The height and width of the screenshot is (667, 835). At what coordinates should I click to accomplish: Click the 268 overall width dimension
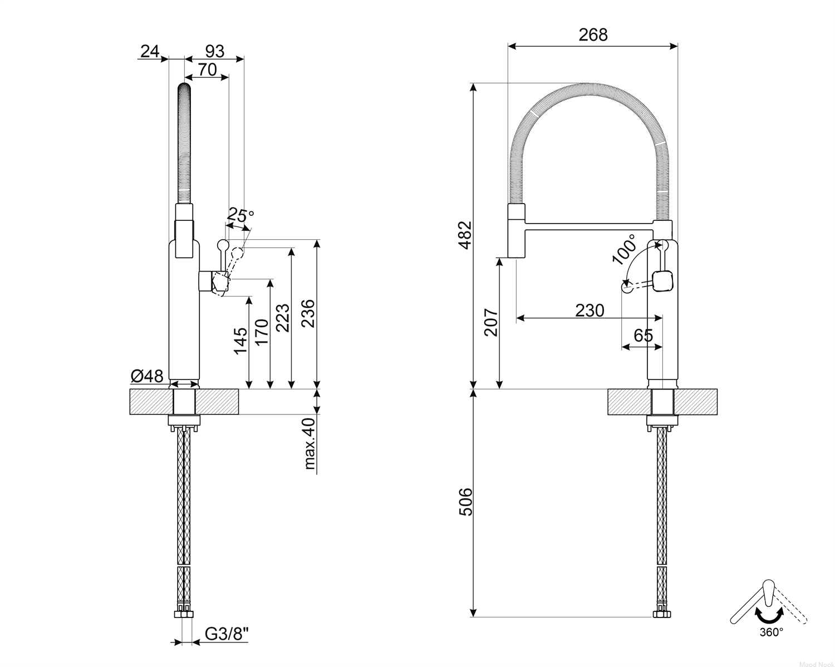[593, 35]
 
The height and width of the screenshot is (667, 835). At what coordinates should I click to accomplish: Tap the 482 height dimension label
[465, 235]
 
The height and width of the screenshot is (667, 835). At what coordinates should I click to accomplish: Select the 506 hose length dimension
[465, 502]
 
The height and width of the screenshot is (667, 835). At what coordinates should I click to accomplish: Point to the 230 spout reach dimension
[590, 310]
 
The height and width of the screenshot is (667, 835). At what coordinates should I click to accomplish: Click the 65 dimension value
[644, 335]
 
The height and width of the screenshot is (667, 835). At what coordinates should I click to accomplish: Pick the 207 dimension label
[491, 322]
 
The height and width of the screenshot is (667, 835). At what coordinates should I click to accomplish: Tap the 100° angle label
[625, 249]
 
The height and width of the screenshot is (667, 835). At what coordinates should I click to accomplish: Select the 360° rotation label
[772, 633]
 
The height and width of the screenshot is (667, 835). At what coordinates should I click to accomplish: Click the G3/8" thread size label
[227, 634]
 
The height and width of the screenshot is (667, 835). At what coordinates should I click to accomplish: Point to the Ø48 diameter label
[147, 376]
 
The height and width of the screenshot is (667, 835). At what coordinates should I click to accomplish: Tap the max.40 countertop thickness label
[310, 443]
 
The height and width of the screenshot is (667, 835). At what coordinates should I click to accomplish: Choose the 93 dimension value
[214, 51]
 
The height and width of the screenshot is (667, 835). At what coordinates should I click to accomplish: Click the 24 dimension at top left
[150, 51]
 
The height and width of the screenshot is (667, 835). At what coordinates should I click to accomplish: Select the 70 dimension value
[207, 70]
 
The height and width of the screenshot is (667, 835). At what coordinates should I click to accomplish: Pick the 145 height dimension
[240, 340]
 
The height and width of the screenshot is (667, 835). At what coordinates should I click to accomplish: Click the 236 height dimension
[308, 313]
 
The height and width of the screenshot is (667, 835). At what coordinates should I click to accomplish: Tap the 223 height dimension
[283, 318]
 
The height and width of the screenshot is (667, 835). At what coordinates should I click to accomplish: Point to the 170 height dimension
[262, 332]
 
